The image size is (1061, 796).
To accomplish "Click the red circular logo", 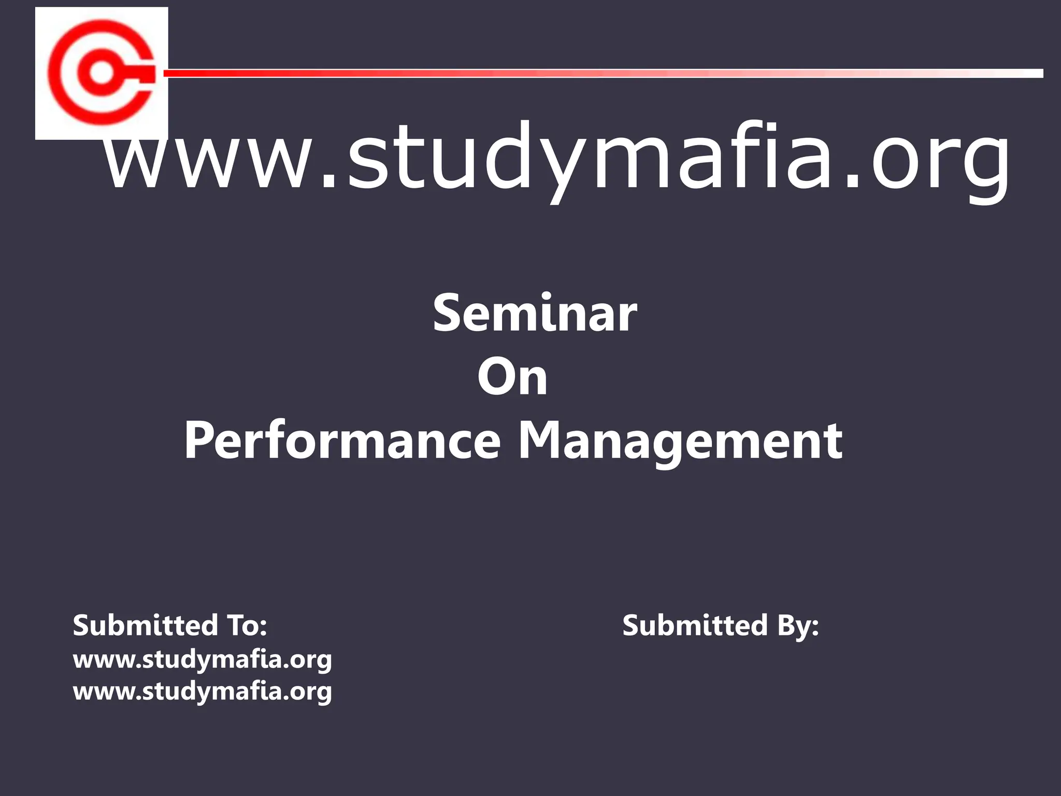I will (x=102, y=73).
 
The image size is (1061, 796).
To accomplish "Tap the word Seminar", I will (x=535, y=314).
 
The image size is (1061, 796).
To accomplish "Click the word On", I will (x=512, y=377).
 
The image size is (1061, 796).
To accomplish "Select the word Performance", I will (x=342, y=442).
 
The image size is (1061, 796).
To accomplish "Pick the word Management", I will (x=680, y=442).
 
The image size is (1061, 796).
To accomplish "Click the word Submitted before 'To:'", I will (x=146, y=626).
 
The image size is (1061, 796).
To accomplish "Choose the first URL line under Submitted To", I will (x=202, y=660).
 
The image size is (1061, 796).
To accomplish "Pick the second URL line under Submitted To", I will (x=202, y=692).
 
